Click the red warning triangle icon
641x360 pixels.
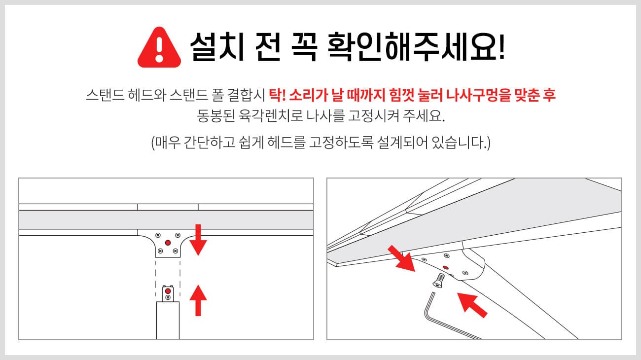(x=159, y=47)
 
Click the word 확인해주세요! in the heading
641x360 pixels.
(x=416, y=47)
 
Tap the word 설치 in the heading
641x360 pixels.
(x=216, y=47)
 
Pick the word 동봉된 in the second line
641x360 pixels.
(x=216, y=116)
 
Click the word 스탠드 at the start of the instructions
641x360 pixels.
(x=105, y=95)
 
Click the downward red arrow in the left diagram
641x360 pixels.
(x=198, y=240)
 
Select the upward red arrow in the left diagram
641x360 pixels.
(x=198, y=300)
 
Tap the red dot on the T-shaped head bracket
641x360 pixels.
(x=168, y=243)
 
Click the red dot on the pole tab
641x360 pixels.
(x=168, y=291)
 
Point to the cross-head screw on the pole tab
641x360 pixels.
(x=168, y=297)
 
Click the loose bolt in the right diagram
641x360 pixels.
(x=439, y=281)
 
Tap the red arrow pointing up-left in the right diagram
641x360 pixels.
(x=472, y=305)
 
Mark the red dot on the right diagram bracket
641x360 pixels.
(x=445, y=268)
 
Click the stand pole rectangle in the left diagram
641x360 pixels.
(x=168, y=321)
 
